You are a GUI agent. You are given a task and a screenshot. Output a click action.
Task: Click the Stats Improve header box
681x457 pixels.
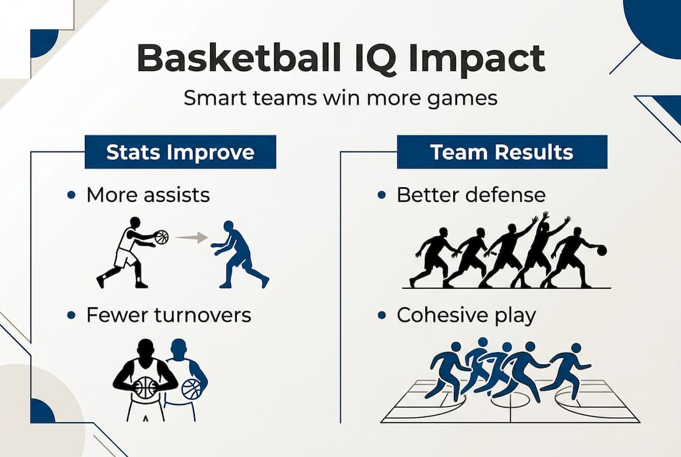click(x=180, y=153)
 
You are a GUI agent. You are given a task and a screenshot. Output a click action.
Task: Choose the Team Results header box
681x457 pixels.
click(x=501, y=153)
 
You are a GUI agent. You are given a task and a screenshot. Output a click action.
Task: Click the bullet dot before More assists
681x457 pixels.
click(x=72, y=195)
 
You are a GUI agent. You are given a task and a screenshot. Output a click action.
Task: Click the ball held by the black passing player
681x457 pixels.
click(x=161, y=237)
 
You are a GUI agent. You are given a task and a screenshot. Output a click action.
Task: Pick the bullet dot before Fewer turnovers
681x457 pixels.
click(x=72, y=315)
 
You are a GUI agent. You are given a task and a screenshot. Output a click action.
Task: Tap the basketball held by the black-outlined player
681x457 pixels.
click(x=146, y=387)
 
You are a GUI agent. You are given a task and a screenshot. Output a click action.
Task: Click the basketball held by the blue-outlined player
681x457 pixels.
click(x=191, y=388)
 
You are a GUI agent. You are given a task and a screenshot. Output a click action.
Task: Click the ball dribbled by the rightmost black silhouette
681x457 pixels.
click(x=601, y=251)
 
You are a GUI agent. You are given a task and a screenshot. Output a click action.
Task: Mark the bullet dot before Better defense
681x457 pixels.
click(x=381, y=195)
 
